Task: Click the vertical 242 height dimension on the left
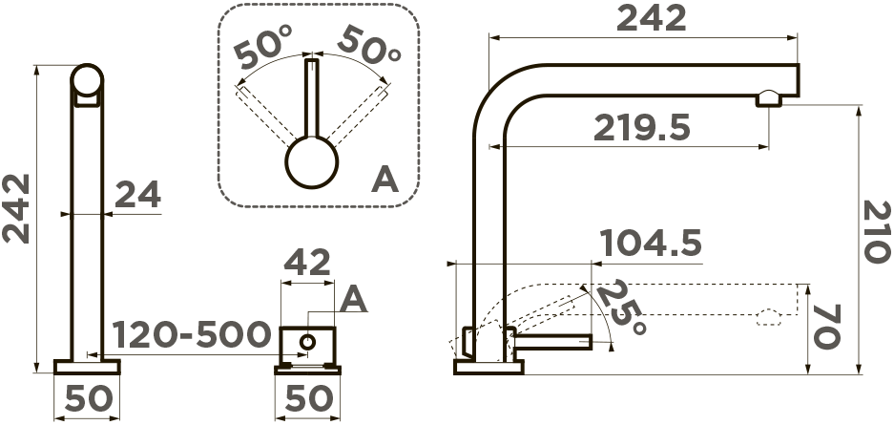pyautogui.click(x=15, y=208)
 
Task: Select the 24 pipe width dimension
pyautogui.click(x=138, y=195)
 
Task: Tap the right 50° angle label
pyautogui.click(x=369, y=47)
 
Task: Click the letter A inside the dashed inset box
pyautogui.click(x=385, y=180)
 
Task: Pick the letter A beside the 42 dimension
pyautogui.click(x=353, y=300)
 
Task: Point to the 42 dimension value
pyautogui.click(x=307, y=263)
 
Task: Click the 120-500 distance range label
pyautogui.click(x=191, y=334)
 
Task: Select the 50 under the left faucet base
pyautogui.click(x=89, y=398)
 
